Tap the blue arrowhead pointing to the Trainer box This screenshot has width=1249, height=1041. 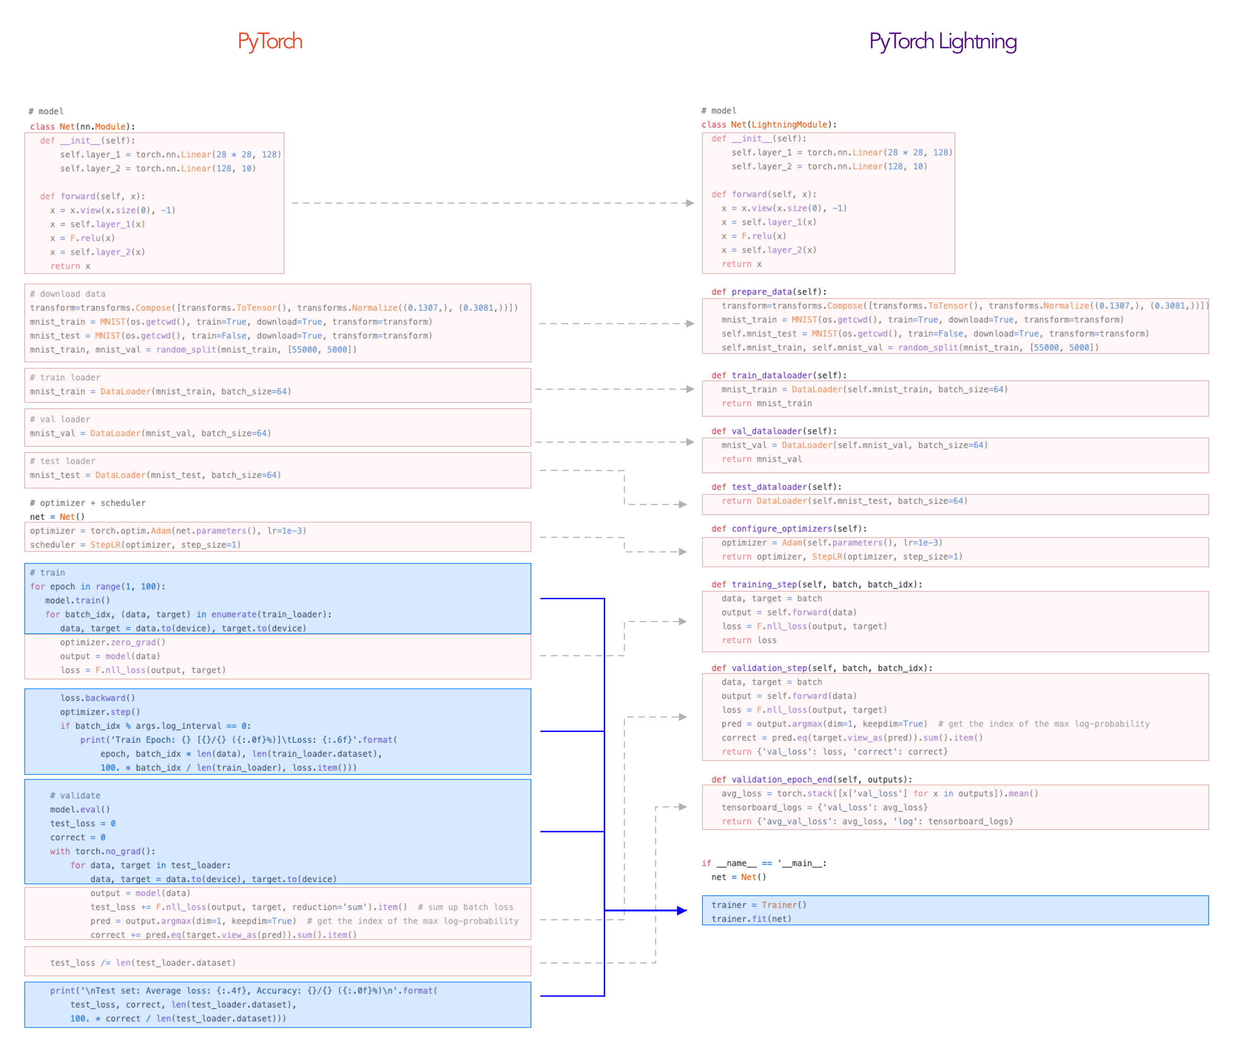point(681,910)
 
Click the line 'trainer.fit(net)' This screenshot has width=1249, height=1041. point(751,918)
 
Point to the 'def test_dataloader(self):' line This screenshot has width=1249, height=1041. point(776,487)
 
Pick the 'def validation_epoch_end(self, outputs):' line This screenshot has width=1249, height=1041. point(811,779)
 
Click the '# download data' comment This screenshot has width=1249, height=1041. point(67,294)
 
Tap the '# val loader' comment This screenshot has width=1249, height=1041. point(59,419)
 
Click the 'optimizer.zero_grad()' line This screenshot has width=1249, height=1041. point(112,642)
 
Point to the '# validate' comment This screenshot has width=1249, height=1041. point(75,795)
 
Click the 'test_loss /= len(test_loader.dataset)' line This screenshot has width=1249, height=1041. point(143,962)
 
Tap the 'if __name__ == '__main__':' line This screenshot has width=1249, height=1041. point(764,863)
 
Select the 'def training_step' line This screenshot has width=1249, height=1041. point(816,584)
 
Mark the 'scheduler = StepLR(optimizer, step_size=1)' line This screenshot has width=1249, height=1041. point(136,544)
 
